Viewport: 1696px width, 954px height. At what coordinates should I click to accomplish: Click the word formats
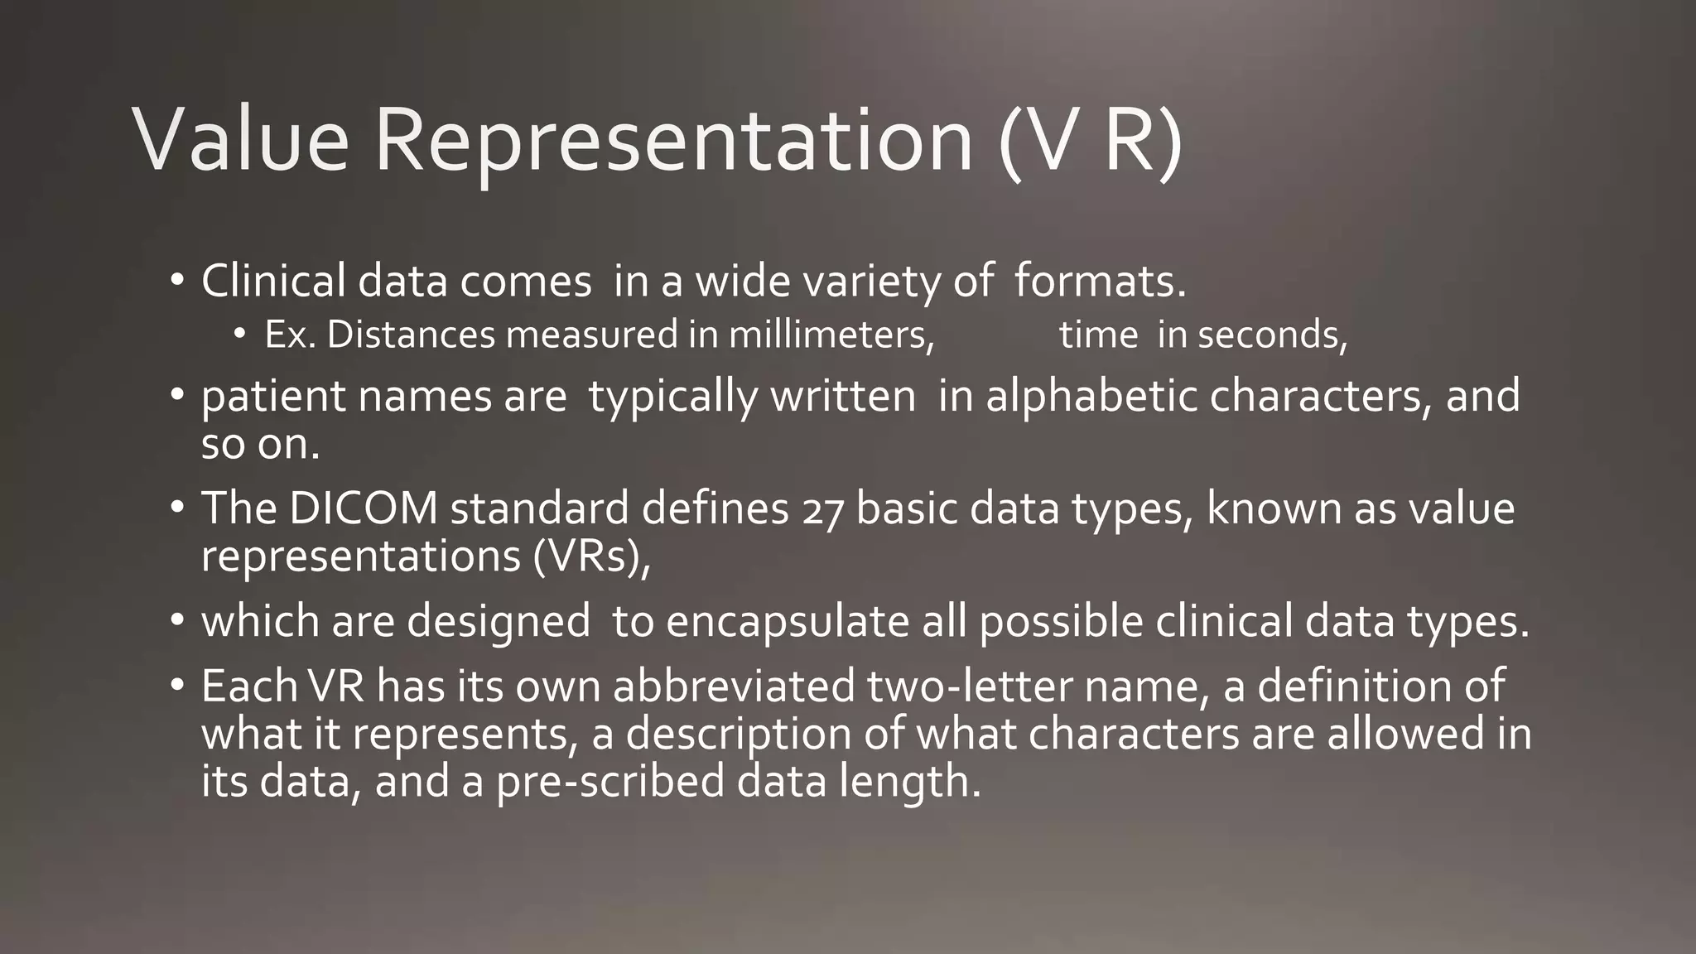(x=1100, y=282)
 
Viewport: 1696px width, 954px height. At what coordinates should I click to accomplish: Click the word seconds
(x=1272, y=335)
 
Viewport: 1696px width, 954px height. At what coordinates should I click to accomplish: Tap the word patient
(x=273, y=396)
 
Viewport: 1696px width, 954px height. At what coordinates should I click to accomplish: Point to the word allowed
(x=1404, y=734)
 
